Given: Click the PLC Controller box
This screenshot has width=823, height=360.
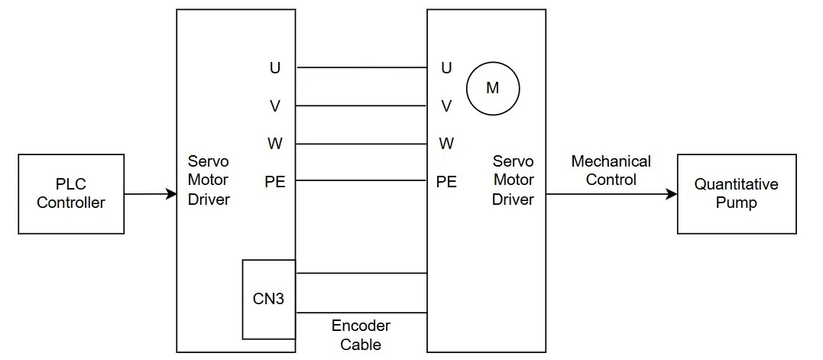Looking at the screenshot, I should pos(71,194).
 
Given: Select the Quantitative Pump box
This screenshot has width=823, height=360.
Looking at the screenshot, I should pos(737,194).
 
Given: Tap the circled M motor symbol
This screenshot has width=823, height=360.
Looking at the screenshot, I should pos(493,88).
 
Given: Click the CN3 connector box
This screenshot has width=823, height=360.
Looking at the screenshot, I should pos(268,299).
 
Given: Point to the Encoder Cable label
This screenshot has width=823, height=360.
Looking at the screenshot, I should pos(361,335).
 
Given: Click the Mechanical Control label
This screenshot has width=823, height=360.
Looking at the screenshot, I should pos(611,170).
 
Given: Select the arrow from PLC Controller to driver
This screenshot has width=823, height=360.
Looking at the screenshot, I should pos(150,194).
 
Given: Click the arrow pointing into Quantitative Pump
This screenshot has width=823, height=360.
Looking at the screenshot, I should pos(611,194).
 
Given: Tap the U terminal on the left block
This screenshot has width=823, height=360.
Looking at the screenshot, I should pos(275,68).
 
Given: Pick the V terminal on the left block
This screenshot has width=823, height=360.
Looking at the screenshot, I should pos(275,106).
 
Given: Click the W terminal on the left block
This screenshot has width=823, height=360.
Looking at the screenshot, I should pos(275,144).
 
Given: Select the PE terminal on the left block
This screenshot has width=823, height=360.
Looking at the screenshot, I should pos(275,181).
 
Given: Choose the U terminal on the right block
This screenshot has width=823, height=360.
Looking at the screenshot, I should pos(446,68).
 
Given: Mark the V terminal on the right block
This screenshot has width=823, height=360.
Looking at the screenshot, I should pos(446,106).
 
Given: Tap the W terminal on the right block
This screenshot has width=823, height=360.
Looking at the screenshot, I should pos(446,144).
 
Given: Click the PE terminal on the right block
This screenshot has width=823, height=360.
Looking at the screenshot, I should pos(446,181).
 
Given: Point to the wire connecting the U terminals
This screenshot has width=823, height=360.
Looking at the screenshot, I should pos(361,68).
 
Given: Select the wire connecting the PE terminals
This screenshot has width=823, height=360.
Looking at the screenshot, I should pos(361,181).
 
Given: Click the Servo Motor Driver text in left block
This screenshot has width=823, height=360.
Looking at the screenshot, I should pos(209,181).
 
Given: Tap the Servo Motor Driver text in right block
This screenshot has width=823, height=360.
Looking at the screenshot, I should pos(513,180).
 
